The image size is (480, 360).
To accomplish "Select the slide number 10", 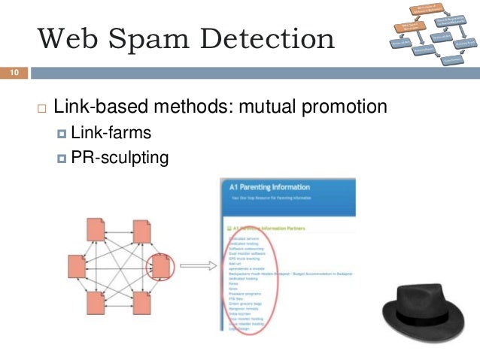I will click(x=14, y=73).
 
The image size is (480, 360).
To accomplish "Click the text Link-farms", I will click(x=111, y=134).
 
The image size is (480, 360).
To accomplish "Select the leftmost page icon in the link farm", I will click(x=76, y=265).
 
